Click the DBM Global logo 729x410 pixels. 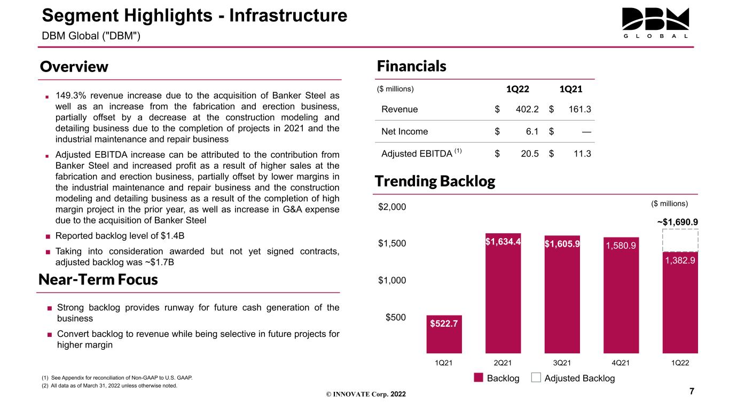(x=655, y=23)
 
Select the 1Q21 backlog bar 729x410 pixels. (x=444, y=334)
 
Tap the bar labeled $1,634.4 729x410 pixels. (x=503, y=293)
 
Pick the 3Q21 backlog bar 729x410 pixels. (x=562, y=294)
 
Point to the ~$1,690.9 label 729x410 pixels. (x=677, y=222)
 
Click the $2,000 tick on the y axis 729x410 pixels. (x=392, y=207)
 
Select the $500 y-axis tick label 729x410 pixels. (x=395, y=317)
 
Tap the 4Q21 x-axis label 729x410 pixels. (x=621, y=363)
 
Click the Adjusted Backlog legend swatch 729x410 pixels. (x=536, y=377)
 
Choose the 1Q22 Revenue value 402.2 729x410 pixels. (x=527, y=109)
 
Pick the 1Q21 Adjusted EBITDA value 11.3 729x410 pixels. (x=582, y=154)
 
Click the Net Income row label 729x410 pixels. (x=404, y=131)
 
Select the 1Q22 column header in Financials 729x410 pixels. (x=518, y=89)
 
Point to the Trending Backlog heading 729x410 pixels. (x=435, y=182)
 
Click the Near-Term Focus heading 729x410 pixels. (x=98, y=280)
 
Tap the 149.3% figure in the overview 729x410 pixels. (x=70, y=96)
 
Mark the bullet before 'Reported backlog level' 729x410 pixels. (x=48, y=236)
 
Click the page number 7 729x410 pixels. (x=692, y=391)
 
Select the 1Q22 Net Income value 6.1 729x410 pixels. (x=532, y=131)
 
